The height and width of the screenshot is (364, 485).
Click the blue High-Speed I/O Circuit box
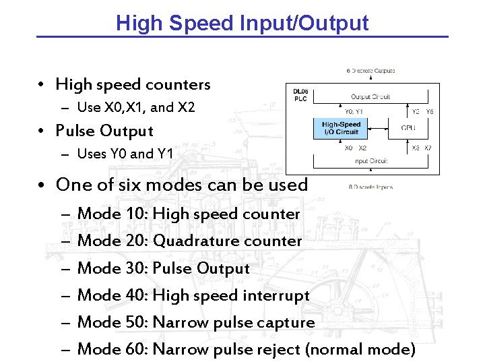(341, 128)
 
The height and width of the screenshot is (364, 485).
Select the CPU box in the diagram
(408, 127)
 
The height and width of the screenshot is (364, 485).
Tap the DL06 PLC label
(300, 94)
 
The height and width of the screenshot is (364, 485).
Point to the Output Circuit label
(370, 96)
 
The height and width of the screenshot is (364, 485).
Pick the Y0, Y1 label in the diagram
(354, 112)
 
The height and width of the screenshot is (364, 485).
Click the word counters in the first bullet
(181, 85)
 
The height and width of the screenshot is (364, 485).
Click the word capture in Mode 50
(290, 323)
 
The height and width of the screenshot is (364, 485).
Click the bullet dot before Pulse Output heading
(42, 131)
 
